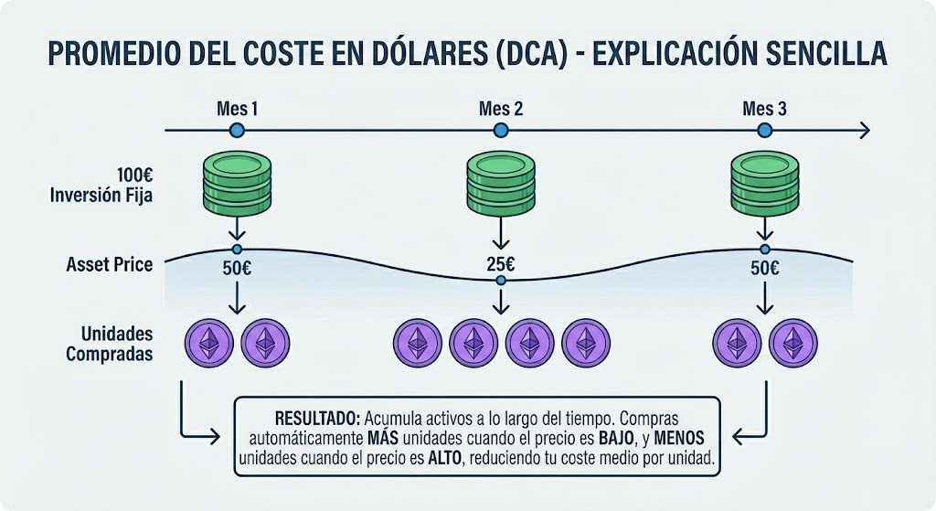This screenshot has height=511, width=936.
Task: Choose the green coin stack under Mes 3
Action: click(x=764, y=183)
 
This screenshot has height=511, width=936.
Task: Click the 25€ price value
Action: click(x=500, y=266)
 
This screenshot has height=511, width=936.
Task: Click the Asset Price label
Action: click(x=110, y=265)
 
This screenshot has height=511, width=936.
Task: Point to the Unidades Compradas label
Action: click(x=109, y=344)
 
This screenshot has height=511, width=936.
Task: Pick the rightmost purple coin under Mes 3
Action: click(x=792, y=343)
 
